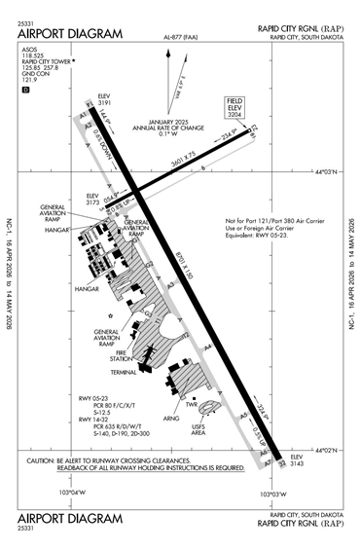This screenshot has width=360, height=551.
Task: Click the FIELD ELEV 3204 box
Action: click(234, 106)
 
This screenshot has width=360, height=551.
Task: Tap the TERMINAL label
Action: click(124, 372)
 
